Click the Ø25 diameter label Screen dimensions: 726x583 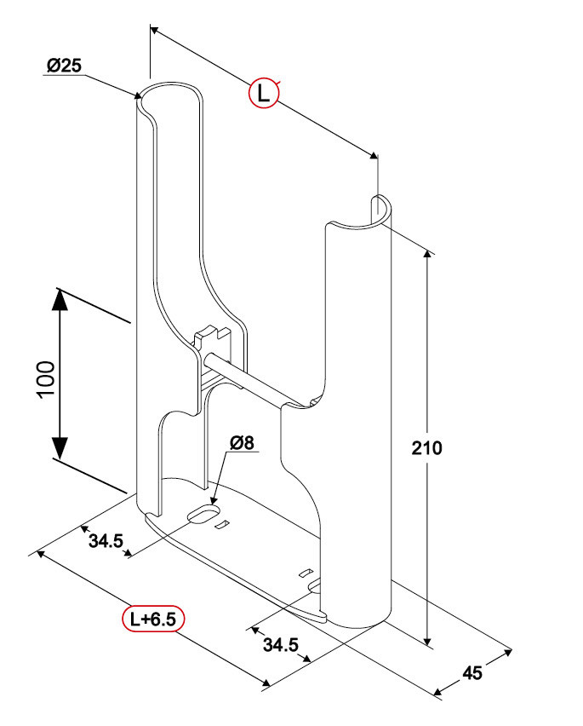pos(64,66)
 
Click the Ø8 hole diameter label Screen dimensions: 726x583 pos(242,443)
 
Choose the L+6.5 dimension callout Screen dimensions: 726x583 pos(152,619)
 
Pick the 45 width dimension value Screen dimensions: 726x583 pos(472,672)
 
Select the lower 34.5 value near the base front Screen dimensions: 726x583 pos(280,645)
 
